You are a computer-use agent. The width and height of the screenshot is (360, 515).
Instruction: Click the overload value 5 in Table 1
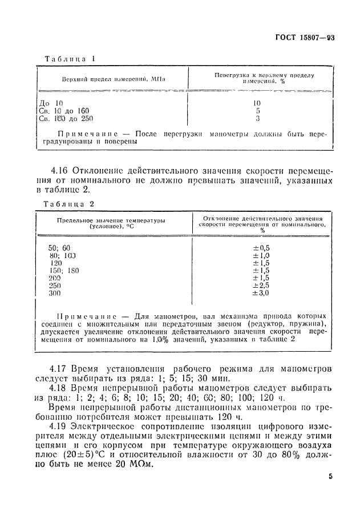(258, 111)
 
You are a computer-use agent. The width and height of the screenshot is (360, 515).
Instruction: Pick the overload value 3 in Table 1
(258, 119)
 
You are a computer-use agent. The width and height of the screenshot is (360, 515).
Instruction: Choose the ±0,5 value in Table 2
(261, 247)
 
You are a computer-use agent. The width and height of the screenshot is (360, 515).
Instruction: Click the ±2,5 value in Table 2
(261, 285)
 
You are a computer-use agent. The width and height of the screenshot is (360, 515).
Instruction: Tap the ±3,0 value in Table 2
(261, 293)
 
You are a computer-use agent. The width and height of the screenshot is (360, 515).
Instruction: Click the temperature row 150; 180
(63, 270)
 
